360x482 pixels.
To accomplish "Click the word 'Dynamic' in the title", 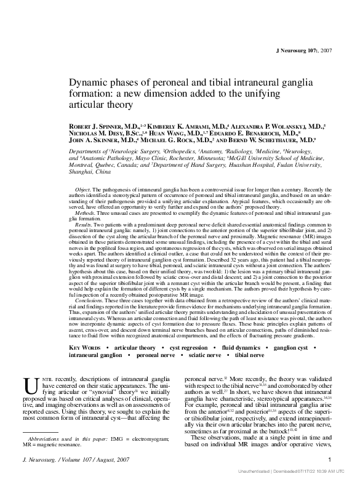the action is coord(86,82).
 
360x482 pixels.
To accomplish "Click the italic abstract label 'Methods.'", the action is coord(86,211).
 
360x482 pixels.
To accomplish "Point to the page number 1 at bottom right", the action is coord(330,459).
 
